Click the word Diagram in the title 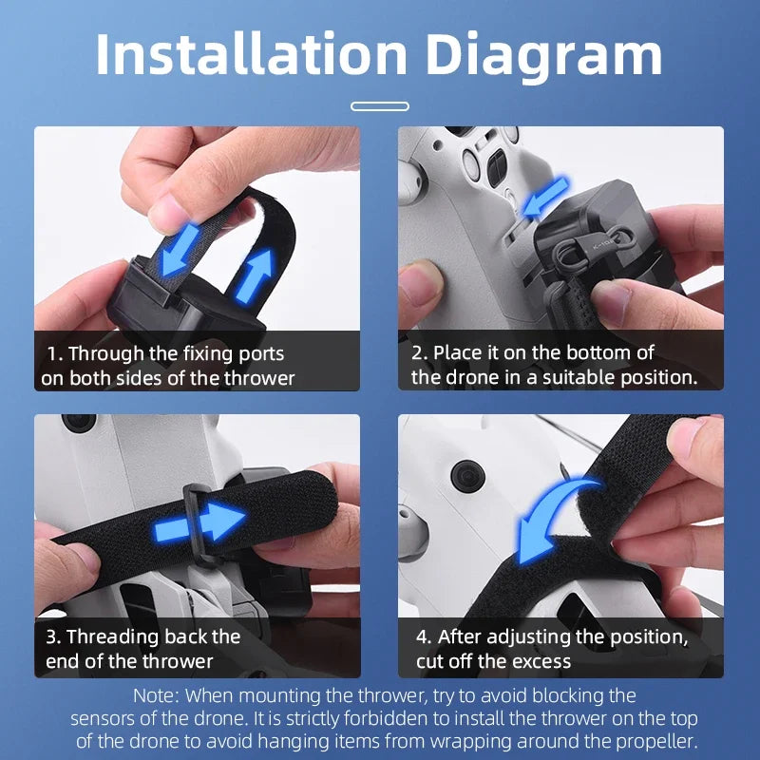(x=543, y=55)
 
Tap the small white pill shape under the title (x=379, y=106)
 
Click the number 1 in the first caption (x=52, y=354)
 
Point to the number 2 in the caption (x=417, y=353)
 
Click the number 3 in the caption (x=51, y=636)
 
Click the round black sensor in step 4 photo (x=465, y=472)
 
